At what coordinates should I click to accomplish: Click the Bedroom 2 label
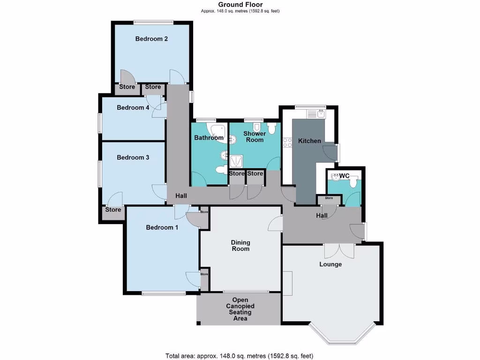point(151,39)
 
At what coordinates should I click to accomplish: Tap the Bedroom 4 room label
point(133,107)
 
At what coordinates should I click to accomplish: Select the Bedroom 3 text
point(133,157)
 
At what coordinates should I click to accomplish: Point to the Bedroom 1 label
point(162,227)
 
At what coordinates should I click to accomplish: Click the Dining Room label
point(240,246)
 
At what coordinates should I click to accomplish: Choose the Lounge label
point(330,264)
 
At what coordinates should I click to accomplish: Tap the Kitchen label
point(309,141)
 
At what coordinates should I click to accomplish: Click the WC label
point(344,176)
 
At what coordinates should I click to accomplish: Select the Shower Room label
point(254,137)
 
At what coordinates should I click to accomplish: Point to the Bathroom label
point(209,138)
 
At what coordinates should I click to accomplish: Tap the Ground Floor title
point(240,5)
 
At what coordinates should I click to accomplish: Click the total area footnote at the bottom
point(240,355)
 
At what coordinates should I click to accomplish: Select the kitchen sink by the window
point(321,113)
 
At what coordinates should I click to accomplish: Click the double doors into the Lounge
point(339,250)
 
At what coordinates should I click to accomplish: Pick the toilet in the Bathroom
point(219,170)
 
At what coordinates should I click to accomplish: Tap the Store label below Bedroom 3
point(113,210)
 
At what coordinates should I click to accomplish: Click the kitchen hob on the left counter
point(287,142)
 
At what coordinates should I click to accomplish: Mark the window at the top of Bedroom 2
point(152,22)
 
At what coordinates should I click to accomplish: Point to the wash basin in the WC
point(336,177)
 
